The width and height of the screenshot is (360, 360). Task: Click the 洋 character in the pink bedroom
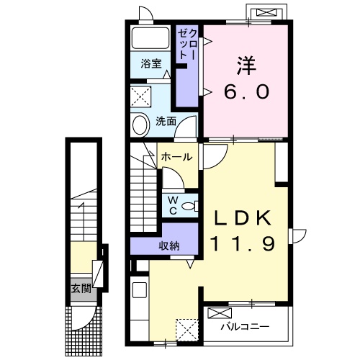coord(247,66)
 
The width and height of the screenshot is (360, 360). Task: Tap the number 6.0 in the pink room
coord(247,91)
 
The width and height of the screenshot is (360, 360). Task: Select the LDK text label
coord(243,218)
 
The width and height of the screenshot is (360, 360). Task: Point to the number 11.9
coord(243,243)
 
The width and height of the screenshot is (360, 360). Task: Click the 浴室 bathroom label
coord(151,63)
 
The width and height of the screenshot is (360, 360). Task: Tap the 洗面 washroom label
coord(166,121)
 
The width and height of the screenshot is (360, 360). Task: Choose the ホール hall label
coord(177,157)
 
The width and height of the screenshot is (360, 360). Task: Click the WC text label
coord(173,205)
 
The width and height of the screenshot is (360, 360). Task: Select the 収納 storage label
coord(169,246)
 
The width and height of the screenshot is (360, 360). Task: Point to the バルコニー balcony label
coord(245,327)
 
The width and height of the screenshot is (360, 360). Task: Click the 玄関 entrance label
coord(81,289)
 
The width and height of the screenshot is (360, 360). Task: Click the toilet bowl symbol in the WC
coord(189,206)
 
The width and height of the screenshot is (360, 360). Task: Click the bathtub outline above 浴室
coord(150,38)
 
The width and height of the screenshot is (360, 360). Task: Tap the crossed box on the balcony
coord(220,313)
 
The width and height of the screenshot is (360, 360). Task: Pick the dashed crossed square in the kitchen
coord(187,330)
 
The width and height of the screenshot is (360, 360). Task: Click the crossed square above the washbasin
coord(141,96)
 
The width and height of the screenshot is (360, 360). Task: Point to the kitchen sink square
coord(140,289)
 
